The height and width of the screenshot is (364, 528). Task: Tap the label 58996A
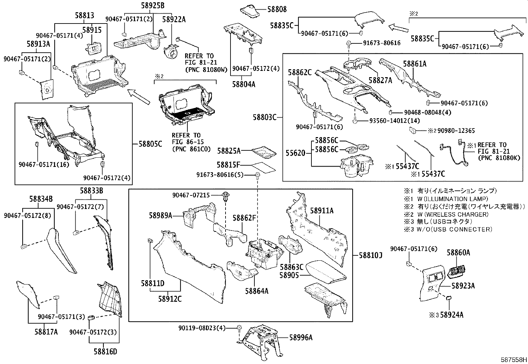pos(301,338)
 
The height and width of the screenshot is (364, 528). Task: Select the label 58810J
pos(370,255)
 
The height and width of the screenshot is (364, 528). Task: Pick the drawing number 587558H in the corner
pos(513,359)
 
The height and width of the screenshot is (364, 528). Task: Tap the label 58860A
pos(458,253)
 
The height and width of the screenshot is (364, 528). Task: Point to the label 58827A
pos(380,80)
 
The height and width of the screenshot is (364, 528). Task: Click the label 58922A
pos(174,20)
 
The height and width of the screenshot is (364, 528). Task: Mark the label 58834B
pos(41,199)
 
